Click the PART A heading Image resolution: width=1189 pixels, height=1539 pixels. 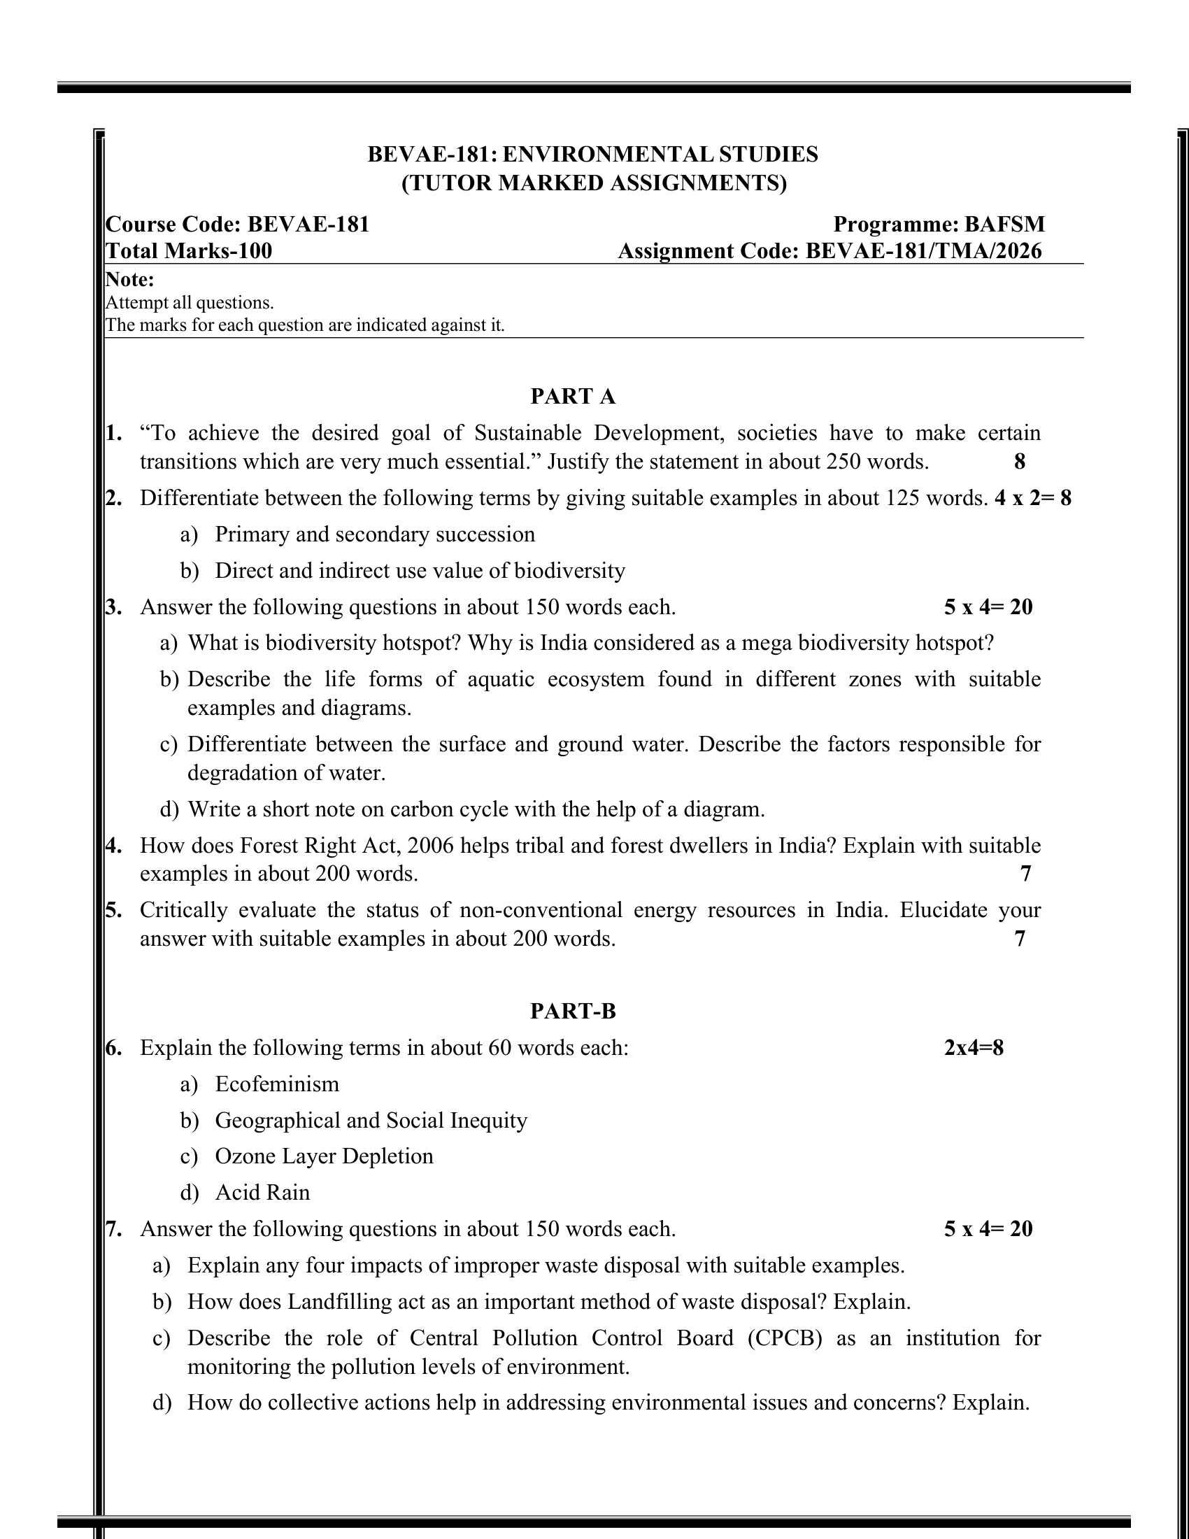[x=573, y=397]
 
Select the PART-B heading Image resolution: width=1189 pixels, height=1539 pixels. [x=573, y=1012]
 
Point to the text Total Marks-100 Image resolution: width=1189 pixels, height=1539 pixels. [x=189, y=251]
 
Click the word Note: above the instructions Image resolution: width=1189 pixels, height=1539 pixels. [x=129, y=280]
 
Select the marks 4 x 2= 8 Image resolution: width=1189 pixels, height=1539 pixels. [x=1032, y=498]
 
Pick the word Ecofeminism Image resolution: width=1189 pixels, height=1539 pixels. [x=277, y=1084]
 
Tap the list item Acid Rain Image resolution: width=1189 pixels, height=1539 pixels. [x=262, y=1192]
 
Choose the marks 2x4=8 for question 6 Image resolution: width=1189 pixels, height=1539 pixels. [x=974, y=1048]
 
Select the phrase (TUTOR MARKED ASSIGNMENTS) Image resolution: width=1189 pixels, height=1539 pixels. [x=594, y=183]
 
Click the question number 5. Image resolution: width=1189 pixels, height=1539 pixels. [x=113, y=909]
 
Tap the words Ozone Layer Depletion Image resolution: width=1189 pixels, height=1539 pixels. [x=324, y=1156]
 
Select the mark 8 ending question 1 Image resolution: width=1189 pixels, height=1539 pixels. [x=1019, y=462]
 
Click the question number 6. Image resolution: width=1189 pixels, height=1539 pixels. [x=113, y=1048]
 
